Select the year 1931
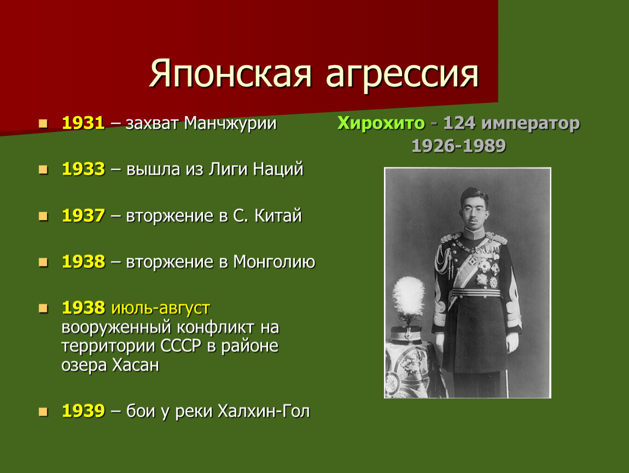pyautogui.click(x=84, y=123)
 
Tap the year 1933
pyautogui.click(x=84, y=169)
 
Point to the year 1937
pyautogui.click(x=84, y=216)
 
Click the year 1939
pyautogui.click(x=84, y=411)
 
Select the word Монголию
pyautogui.click(x=275, y=262)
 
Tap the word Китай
pyautogui.click(x=278, y=216)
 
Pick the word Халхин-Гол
pyautogui.click(x=264, y=411)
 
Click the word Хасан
pyautogui.click(x=135, y=365)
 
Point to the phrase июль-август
pyautogui.click(x=160, y=308)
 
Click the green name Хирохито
pyautogui.click(x=381, y=123)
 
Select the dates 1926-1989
pyautogui.click(x=459, y=146)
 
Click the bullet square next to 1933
pyautogui.click(x=43, y=170)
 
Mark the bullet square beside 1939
pyautogui.click(x=43, y=412)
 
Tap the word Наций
pyautogui.click(x=278, y=170)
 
